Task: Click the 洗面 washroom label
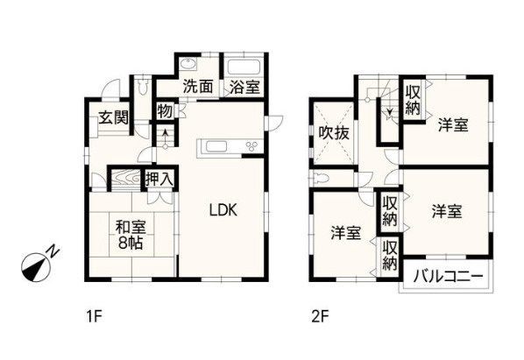tap(198, 87)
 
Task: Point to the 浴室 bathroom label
tap(244, 87)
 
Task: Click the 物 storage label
tap(165, 111)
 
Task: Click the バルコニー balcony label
tap(446, 278)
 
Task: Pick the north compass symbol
tap(38, 263)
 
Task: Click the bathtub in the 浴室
tap(244, 67)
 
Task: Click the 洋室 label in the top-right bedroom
tap(452, 125)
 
